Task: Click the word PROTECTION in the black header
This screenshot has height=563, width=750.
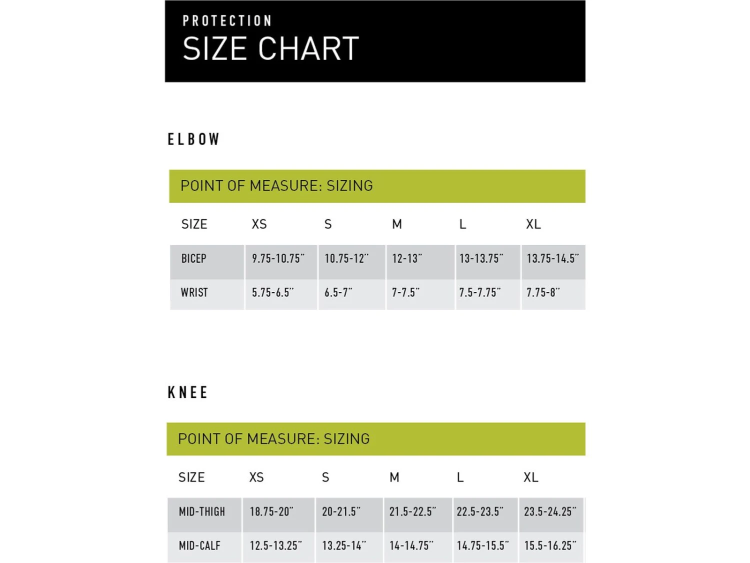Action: tap(227, 21)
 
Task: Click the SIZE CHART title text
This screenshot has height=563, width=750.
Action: tap(270, 49)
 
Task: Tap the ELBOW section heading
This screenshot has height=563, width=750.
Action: tap(193, 139)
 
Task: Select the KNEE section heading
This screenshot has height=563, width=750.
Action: tap(187, 392)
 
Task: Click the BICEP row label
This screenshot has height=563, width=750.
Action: tap(193, 259)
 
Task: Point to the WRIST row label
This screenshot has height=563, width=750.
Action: tap(194, 293)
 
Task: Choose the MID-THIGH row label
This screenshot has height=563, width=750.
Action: tap(202, 512)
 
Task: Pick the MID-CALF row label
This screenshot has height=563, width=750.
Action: tap(199, 546)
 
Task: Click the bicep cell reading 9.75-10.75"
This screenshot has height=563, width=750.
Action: tap(278, 259)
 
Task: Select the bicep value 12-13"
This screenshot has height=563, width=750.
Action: tap(406, 259)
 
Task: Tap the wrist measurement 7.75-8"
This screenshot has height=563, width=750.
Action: tap(543, 293)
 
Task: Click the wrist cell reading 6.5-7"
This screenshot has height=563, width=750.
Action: tap(338, 293)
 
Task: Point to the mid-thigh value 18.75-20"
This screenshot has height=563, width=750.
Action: tap(271, 512)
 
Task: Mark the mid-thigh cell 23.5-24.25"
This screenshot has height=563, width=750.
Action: tap(550, 512)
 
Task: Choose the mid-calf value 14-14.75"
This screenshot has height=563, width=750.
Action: tap(411, 546)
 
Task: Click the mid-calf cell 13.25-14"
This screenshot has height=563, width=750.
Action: tap(344, 546)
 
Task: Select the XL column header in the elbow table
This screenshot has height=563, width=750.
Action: tap(533, 224)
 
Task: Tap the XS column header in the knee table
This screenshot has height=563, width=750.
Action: tap(256, 477)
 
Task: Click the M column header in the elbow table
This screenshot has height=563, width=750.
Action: tap(397, 224)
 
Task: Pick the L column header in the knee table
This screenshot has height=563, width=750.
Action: tap(460, 477)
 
